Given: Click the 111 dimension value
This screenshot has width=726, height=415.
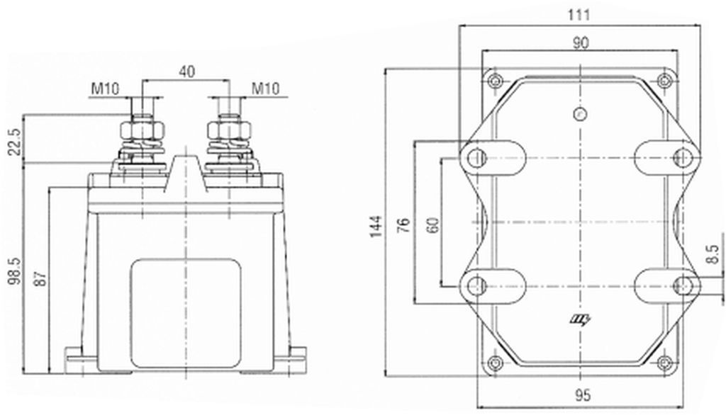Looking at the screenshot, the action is (x=579, y=15).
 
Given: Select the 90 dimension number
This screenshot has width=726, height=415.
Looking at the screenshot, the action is (x=581, y=43).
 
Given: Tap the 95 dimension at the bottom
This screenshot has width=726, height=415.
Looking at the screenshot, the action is (x=583, y=396).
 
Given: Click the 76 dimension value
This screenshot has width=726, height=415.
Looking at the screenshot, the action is (x=404, y=224).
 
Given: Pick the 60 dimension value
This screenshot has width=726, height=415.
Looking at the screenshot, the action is (x=433, y=224).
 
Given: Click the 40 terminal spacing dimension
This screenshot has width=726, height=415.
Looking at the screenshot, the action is (x=186, y=72).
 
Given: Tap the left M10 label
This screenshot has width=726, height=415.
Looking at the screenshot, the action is (x=105, y=88).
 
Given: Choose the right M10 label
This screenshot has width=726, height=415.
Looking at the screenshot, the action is (x=265, y=88).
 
